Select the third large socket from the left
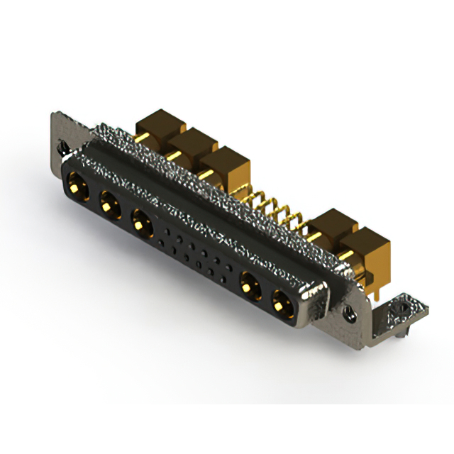[141, 224]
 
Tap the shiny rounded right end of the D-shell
[315, 301]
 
